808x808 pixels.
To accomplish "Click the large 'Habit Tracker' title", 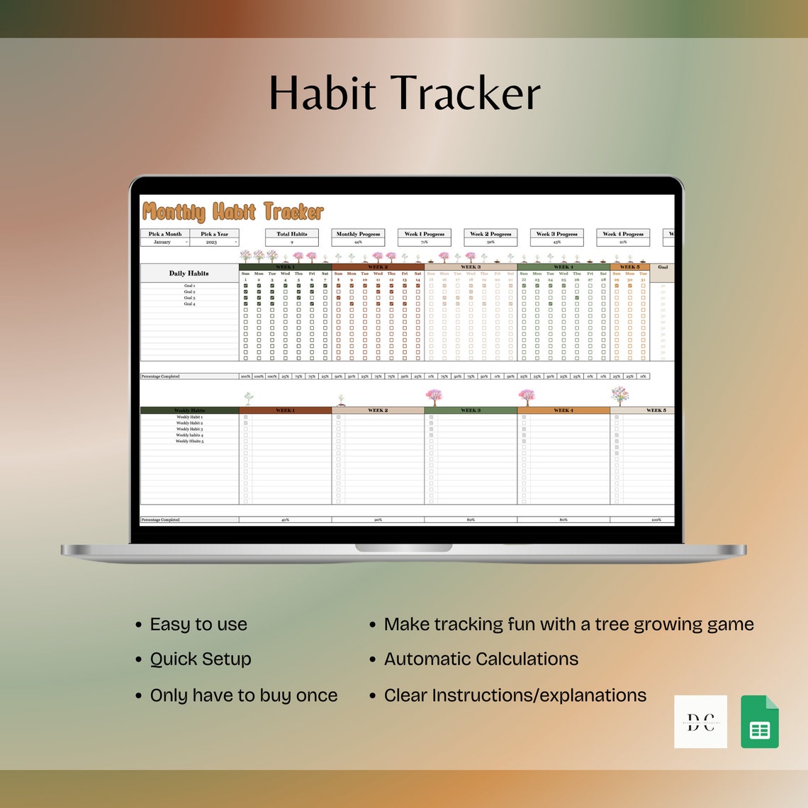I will coord(404,94).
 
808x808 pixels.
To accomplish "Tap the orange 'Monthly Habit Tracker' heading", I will coord(232,212).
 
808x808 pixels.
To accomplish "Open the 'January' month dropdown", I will coord(164,242).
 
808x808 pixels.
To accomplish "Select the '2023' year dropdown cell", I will coord(214,242).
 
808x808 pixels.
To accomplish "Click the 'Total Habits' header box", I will coord(291,234).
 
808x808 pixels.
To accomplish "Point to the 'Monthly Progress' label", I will coord(358,234).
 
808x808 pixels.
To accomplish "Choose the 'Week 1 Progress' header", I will coord(424,234).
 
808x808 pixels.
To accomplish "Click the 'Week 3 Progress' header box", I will coord(556,234).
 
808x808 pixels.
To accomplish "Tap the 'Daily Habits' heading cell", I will coord(189,274).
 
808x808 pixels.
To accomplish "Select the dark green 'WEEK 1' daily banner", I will coord(285,267).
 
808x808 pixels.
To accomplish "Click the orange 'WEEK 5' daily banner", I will coord(629,267).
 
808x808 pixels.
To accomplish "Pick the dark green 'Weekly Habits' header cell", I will coord(189,410).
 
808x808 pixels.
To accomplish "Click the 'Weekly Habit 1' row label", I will coord(189,417).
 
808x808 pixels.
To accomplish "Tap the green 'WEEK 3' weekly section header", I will coord(471,410).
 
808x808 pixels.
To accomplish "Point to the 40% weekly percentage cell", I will coord(285,520).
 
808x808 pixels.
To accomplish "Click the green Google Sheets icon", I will coord(760,722).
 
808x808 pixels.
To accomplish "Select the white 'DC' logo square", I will coord(700,722).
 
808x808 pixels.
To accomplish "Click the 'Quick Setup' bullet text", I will coord(201,659).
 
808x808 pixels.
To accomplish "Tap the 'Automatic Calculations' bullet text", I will coord(481,659).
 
